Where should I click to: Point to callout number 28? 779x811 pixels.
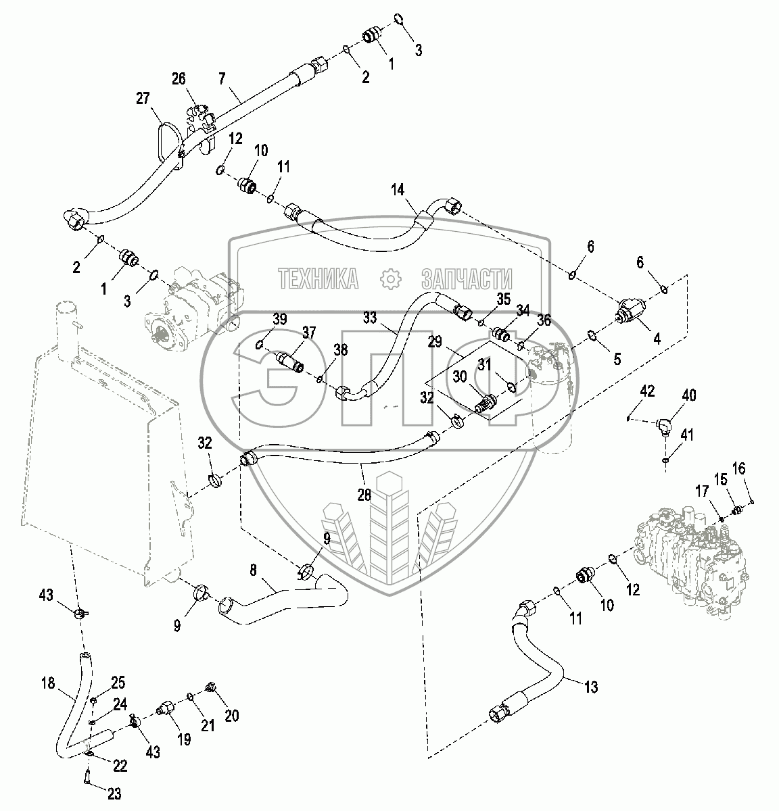pyautogui.click(x=364, y=494)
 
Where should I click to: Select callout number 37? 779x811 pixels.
pyautogui.click(x=308, y=332)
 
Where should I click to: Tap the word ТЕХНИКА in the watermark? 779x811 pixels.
pyautogui.click(x=318, y=278)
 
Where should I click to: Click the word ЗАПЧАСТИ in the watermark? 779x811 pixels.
pyautogui.click(x=466, y=278)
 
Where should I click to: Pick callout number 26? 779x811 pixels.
pyautogui.click(x=178, y=80)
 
